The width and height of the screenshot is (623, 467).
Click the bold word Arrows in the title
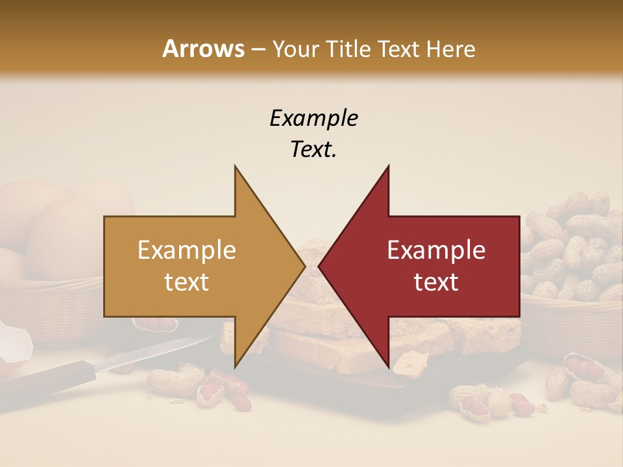pos(203,49)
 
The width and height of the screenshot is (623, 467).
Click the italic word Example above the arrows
pos(313,118)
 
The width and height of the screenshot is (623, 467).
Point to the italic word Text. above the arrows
pos(313,149)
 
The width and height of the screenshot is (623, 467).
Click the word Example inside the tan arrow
pos(187,250)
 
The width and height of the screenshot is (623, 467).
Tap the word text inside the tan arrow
pos(187,282)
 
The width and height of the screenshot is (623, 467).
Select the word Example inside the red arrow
pos(436,250)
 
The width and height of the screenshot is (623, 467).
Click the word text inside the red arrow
pos(436,282)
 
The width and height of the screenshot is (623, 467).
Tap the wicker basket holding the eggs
pos(45,305)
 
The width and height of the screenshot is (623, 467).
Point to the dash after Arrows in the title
pos(257,50)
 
